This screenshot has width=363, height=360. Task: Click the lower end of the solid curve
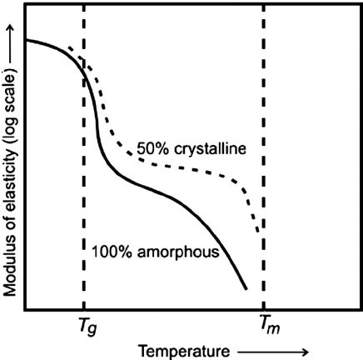(x=246, y=289)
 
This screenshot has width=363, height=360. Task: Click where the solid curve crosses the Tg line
(x=84, y=77)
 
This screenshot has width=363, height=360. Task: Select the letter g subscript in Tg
(x=89, y=329)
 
